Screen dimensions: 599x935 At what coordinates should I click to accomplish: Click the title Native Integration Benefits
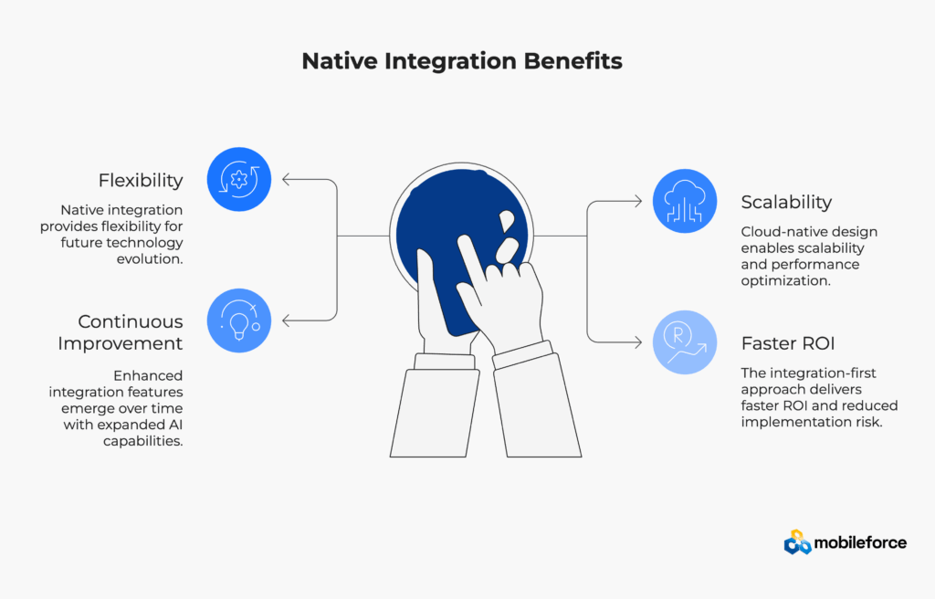click(462, 62)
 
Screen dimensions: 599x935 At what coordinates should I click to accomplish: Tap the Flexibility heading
click(141, 180)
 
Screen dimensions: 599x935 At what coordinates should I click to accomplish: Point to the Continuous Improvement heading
click(121, 332)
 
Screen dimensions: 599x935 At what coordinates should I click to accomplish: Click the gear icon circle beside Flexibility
click(239, 179)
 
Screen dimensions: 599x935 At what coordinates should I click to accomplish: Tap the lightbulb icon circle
click(239, 321)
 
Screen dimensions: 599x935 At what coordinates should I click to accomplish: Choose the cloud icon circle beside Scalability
click(685, 201)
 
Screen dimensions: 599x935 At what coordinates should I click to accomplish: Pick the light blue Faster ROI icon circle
click(685, 342)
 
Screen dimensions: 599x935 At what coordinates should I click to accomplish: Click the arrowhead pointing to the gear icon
click(287, 179)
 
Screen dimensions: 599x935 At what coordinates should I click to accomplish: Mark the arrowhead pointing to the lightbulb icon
click(287, 321)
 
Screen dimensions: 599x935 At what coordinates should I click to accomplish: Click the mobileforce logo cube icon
click(797, 542)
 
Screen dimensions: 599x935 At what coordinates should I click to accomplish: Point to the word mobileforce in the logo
click(862, 542)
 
